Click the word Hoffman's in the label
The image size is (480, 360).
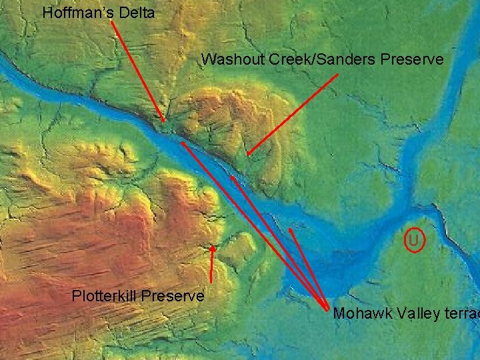[x=75, y=12]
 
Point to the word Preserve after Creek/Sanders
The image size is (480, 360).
[x=411, y=59]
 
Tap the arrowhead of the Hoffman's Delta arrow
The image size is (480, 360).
[x=163, y=121]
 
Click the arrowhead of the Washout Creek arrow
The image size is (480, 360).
[x=247, y=156]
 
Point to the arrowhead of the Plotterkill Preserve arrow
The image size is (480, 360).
[x=213, y=247]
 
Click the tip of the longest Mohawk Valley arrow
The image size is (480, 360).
[x=181, y=141]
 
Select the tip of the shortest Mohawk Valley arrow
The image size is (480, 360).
[x=290, y=229]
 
